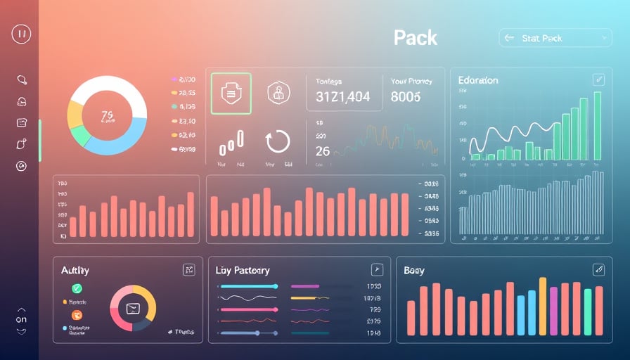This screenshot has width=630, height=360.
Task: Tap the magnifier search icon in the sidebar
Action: pyautogui.click(x=21, y=80)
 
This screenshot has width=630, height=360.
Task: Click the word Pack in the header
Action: pyautogui.click(x=416, y=37)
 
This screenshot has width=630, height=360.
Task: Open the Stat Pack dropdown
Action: pyautogui.click(x=555, y=38)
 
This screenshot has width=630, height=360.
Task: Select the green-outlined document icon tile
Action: pyautogui.click(x=231, y=93)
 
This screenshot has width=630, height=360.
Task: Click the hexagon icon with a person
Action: pyautogui.click(x=278, y=92)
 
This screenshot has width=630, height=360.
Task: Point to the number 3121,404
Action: pyautogui.click(x=343, y=97)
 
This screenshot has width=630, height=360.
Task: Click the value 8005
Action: pyautogui.click(x=406, y=97)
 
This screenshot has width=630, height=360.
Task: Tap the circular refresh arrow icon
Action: pyautogui.click(x=278, y=142)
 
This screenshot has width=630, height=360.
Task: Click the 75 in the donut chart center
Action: pyautogui.click(x=107, y=115)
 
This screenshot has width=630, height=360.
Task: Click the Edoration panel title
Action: pyautogui.click(x=478, y=80)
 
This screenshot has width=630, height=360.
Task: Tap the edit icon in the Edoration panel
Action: pyautogui.click(x=598, y=79)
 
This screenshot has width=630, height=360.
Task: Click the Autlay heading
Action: pyautogui.click(x=75, y=270)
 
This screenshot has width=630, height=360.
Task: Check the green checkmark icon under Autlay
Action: pyautogui.click(x=77, y=288)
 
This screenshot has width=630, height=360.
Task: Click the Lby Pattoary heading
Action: pyautogui.click(x=243, y=270)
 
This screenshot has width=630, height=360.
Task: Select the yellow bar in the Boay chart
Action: pyautogui.click(x=542, y=306)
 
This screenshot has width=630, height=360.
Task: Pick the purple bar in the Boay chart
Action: pyautogui.click(x=553, y=311)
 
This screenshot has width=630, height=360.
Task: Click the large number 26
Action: pyautogui.click(x=323, y=151)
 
